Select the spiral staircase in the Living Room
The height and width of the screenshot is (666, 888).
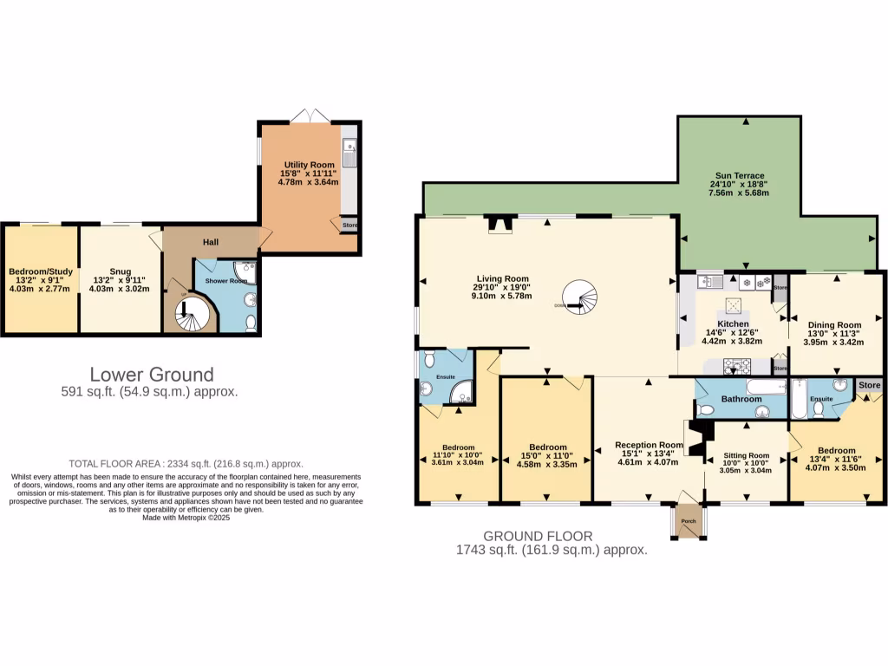pos(579,298)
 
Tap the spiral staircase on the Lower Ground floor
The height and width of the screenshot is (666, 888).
pos(193,314)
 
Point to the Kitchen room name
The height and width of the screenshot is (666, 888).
pos(733,323)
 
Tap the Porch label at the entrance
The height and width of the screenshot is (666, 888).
pos(689,521)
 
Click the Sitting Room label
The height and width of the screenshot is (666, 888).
pos(746,455)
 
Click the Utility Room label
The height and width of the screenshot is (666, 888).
pos(310,164)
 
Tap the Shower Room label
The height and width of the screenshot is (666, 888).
pos(225,281)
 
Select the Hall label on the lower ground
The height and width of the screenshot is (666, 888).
pos(211,242)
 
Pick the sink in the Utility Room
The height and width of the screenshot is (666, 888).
pos(349,153)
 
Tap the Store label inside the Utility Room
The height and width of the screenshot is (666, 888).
pos(349,225)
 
